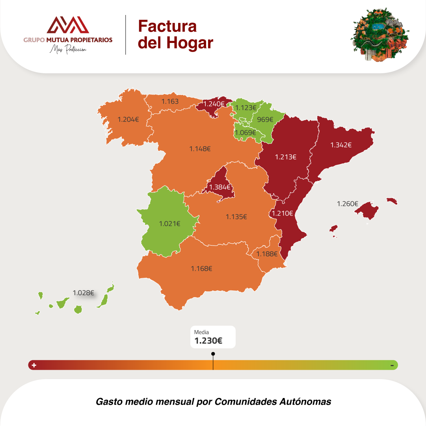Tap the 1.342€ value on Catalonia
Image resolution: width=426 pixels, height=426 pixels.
[341, 145]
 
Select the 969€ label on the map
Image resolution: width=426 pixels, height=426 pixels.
[265, 119]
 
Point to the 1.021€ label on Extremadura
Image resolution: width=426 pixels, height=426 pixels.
[169, 223]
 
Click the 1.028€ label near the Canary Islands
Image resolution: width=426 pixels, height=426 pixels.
[83, 293]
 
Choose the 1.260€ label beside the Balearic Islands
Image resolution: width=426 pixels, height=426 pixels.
[347, 204]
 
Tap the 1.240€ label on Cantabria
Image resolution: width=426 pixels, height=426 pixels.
[214, 104]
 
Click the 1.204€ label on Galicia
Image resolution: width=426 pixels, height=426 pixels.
[128, 119]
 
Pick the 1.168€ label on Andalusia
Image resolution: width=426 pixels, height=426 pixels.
[201, 268]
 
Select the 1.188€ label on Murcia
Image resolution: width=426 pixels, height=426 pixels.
[267, 254]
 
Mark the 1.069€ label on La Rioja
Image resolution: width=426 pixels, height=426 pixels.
[245, 132]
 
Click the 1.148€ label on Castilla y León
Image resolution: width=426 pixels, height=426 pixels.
[200, 149]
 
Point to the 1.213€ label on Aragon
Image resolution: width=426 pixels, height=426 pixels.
[286, 156]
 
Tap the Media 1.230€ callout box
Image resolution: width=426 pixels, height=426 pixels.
[213, 337]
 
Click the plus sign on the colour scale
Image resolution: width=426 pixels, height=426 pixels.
[34, 365]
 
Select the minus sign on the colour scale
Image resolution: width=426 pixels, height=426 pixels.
[392, 365]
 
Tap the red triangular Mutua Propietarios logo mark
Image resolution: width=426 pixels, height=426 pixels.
[68, 25]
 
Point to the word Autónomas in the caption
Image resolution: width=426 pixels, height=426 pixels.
[305, 402]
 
